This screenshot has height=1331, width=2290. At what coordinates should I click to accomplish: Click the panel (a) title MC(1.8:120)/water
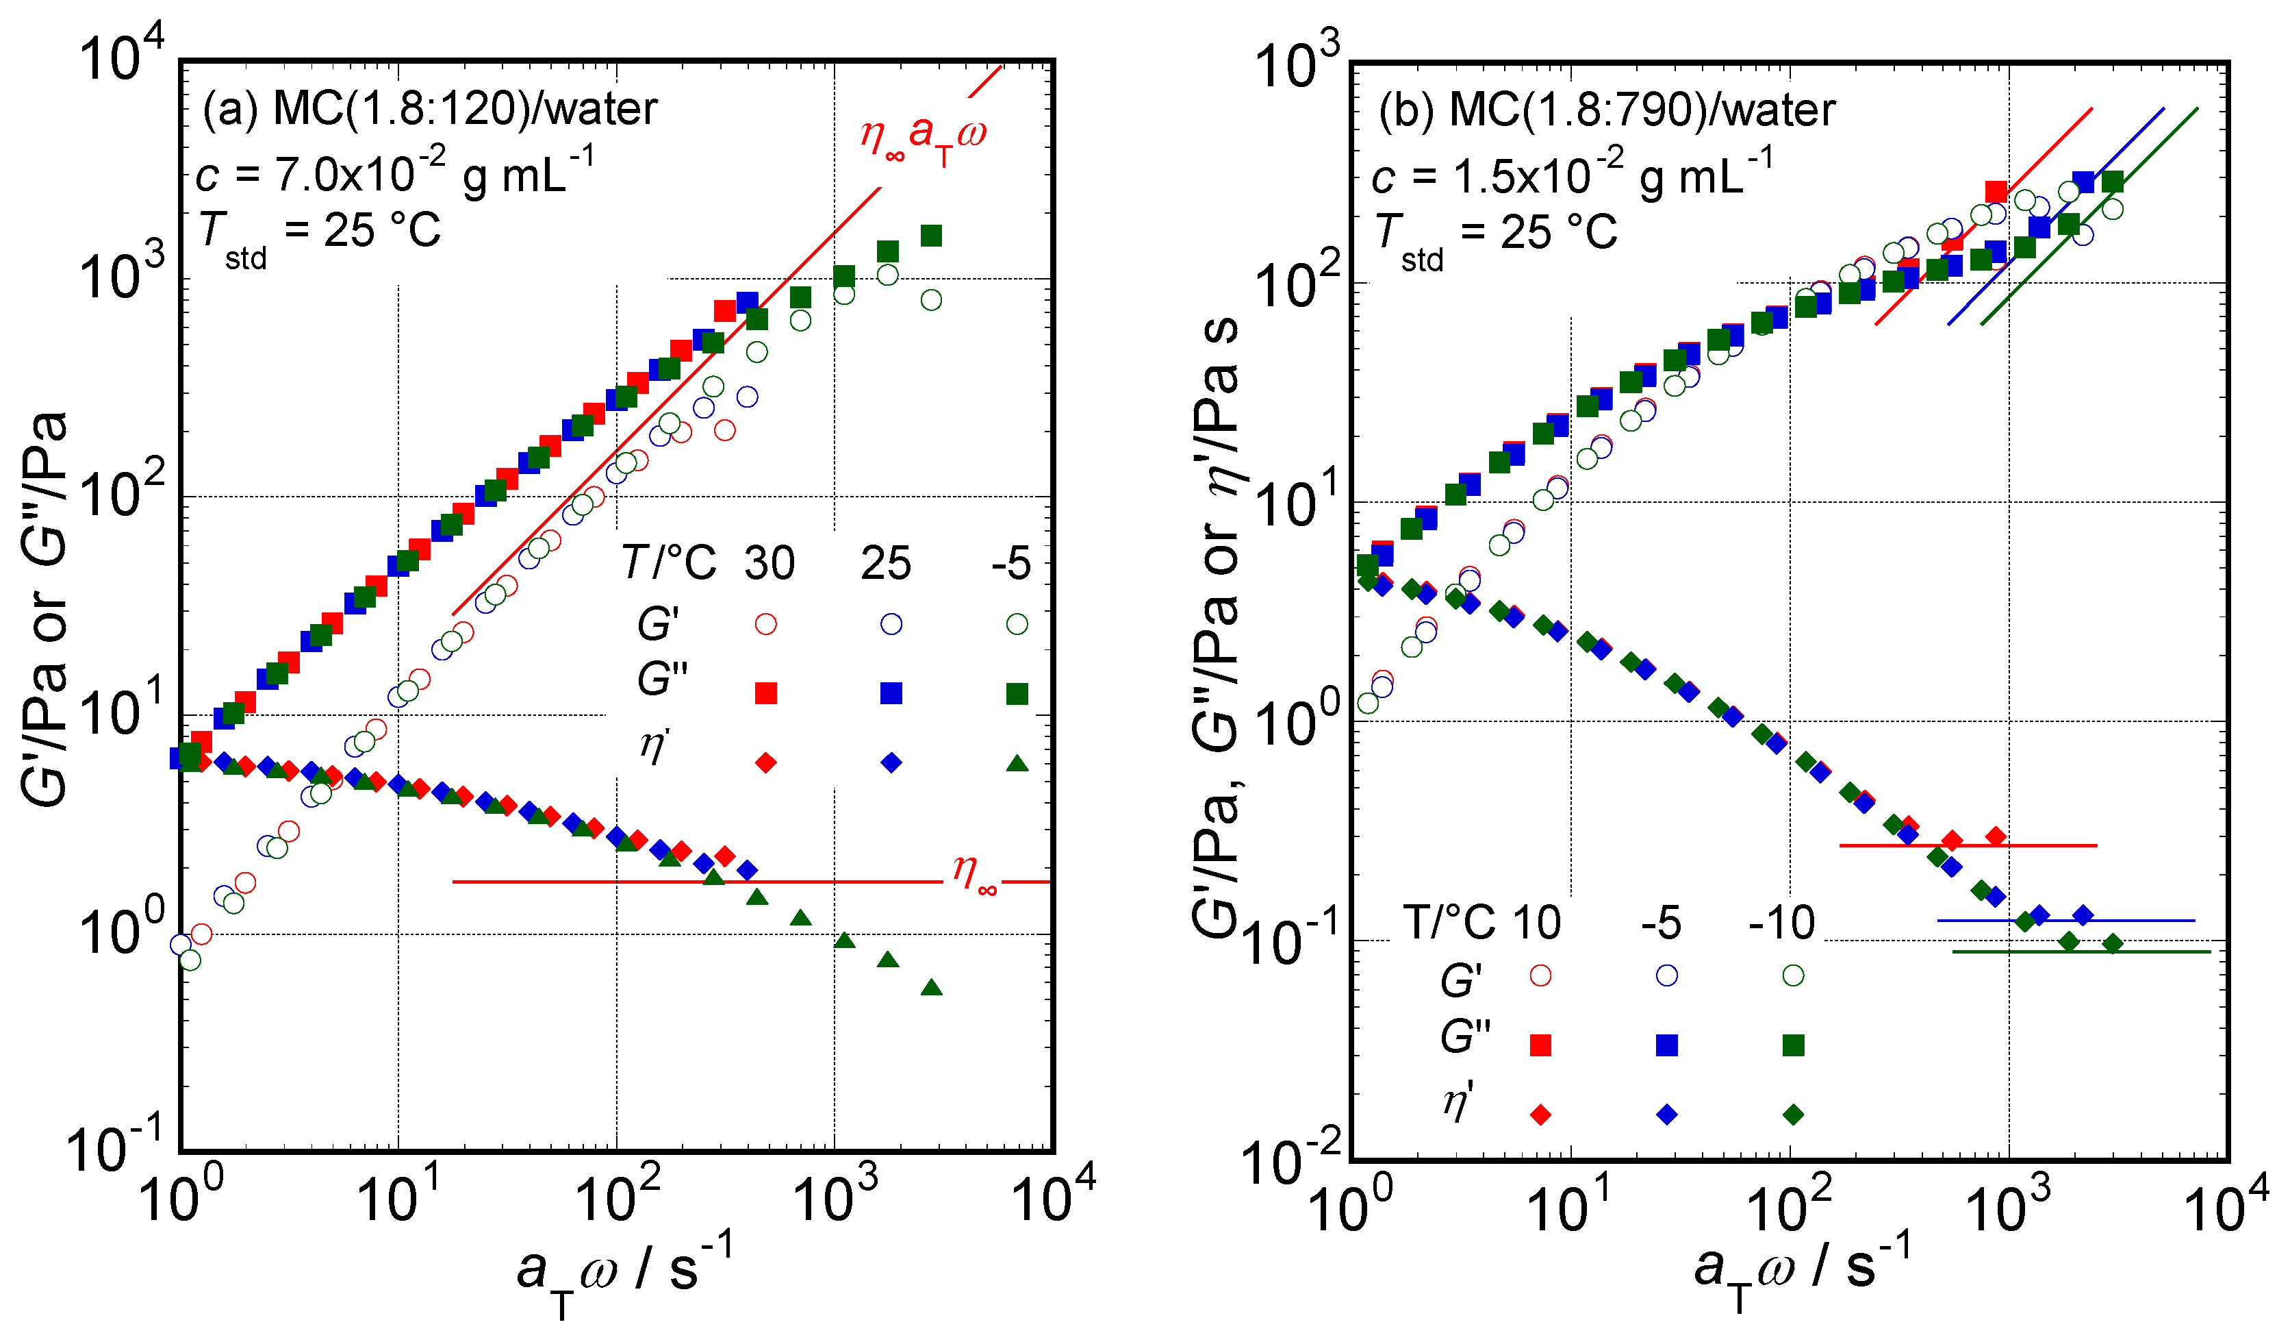click(x=429, y=109)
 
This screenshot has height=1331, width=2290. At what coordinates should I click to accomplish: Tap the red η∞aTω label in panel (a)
click(x=922, y=136)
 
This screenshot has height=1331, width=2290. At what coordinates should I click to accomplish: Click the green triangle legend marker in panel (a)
click(x=1017, y=763)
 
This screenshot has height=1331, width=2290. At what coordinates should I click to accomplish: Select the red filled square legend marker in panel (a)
click(x=765, y=694)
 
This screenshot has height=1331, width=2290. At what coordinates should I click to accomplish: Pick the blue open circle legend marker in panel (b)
click(x=1666, y=975)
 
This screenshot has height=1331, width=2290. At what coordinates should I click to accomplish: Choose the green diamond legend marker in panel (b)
click(x=1792, y=1115)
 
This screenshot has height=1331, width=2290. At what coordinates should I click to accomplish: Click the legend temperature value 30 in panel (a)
click(x=769, y=564)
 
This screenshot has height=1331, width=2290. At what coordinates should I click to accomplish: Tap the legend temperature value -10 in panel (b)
click(x=1781, y=923)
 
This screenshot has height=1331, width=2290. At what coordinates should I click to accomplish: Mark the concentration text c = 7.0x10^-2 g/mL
click(x=395, y=173)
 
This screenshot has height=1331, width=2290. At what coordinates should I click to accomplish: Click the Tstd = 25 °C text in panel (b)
click(x=1495, y=234)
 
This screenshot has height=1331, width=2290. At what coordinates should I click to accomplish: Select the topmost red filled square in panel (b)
click(x=1996, y=192)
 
